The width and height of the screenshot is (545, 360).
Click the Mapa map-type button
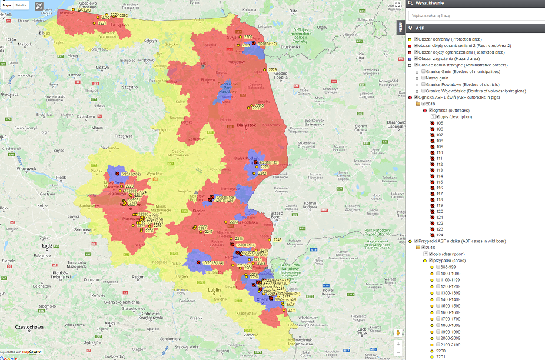click(x=6, y=5)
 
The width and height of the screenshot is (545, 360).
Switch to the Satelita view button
click(x=21, y=5)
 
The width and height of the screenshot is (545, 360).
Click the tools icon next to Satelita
click(x=39, y=6)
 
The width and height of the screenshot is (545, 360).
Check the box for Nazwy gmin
click(x=423, y=78)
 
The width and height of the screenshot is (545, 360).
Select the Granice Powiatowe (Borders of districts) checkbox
click(x=423, y=84)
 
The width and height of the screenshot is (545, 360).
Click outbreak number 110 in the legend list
click(x=440, y=152)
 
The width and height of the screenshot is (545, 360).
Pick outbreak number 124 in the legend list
click(x=440, y=235)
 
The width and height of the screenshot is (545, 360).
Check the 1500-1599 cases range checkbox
click(x=439, y=305)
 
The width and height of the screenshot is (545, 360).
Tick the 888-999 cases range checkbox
click(x=439, y=266)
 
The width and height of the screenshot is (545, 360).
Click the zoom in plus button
click(x=398, y=344)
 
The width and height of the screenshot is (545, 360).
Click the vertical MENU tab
click(x=400, y=28)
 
